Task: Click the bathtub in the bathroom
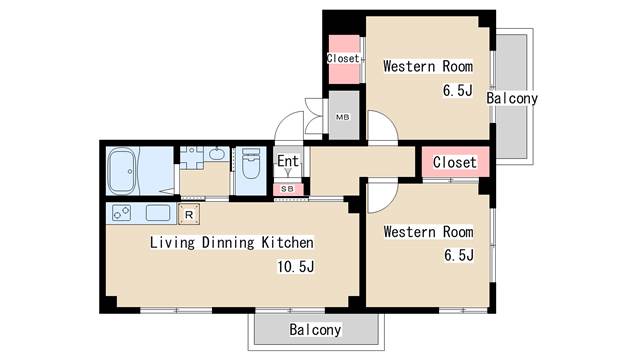point(122,171)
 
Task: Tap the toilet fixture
point(251,164)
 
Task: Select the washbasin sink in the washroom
point(216,153)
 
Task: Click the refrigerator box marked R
point(189,214)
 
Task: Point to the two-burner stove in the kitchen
point(121,213)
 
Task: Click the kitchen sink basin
point(158,213)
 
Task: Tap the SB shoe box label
point(287,189)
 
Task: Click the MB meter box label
point(342,117)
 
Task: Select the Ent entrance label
point(288,161)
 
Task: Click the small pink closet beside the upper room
point(344,59)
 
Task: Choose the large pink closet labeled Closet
point(455,162)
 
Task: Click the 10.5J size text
point(296,267)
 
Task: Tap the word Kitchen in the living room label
point(288,242)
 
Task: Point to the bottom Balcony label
point(315,329)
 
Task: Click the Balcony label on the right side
point(512,98)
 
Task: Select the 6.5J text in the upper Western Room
point(458,90)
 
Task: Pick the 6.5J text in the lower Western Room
point(459,255)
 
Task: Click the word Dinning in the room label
point(228,242)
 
